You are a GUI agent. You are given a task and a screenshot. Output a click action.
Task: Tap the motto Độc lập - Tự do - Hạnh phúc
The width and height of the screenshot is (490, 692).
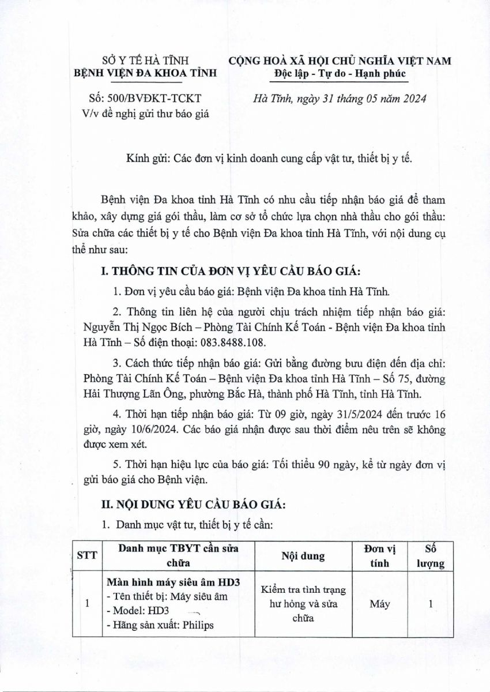coord(340,73)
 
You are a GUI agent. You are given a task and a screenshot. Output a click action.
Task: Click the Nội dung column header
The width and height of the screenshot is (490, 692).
coord(303,556)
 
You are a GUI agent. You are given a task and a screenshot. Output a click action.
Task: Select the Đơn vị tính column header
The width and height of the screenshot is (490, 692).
coord(380,556)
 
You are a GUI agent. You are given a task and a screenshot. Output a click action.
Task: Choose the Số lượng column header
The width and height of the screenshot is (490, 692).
coord(430,556)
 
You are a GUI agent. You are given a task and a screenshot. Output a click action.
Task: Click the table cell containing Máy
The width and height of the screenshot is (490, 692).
coord(380,604)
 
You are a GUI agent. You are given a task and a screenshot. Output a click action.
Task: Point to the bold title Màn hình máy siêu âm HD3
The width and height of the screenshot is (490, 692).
coord(174,582)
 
